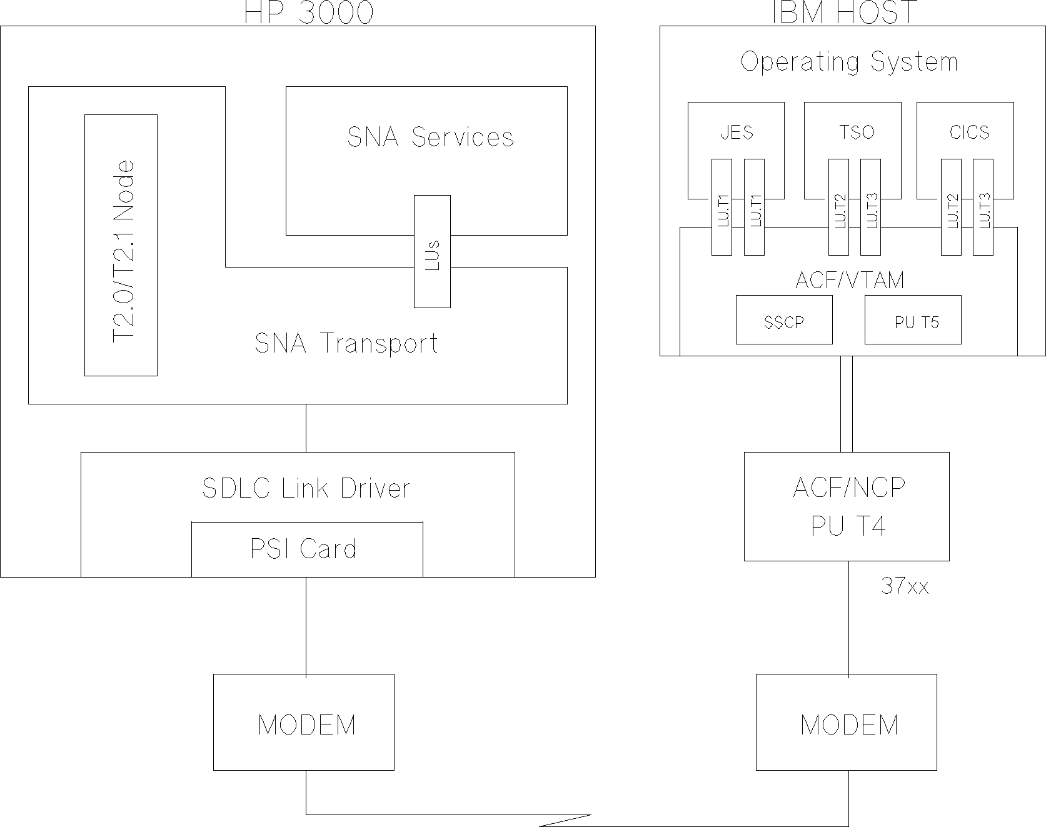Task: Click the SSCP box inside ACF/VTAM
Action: coord(783,320)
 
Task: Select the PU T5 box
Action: coord(912,320)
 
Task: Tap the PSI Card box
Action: coord(306,549)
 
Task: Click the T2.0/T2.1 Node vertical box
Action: coord(121,245)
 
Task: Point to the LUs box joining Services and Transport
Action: coord(432,251)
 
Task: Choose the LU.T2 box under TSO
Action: coord(838,208)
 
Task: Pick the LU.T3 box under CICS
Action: coord(983,208)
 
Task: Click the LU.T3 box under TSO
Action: coord(870,208)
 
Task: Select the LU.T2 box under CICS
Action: coord(951,208)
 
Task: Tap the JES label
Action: coord(736,133)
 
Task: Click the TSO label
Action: coord(856,133)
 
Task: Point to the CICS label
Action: coord(969,133)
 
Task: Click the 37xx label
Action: coord(904,586)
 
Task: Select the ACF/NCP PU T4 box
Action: coord(847,506)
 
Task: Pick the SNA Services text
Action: coord(430,138)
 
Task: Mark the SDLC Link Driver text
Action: coord(306,488)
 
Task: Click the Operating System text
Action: coord(848,62)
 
